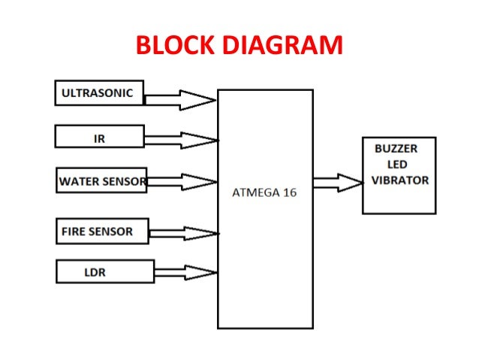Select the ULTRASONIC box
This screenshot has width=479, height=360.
pyautogui.click(x=99, y=93)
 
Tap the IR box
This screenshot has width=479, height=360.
pyautogui.click(x=99, y=138)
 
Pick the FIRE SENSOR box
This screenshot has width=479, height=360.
pyautogui.click(x=102, y=231)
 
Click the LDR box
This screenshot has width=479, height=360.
pyautogui.click(x=104, y=271)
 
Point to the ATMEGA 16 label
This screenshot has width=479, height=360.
pyautogui.click(x=265, y=192)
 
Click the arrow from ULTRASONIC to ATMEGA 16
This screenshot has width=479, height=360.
pyautogui.click(x=180, y=99)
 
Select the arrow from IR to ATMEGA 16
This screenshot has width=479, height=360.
pyautogui.click(x=180, y=140)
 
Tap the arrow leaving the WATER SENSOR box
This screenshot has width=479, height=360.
pyautogui.click(x=182, y=181)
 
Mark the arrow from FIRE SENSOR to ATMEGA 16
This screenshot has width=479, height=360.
pyautogui.click(x=183, y=233)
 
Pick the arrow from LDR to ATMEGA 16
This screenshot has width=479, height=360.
pyautogui.click(x=185, y=271)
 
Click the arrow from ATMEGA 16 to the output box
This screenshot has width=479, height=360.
pyautogui.click(x=338, y=182)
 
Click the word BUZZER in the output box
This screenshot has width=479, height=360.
pyautogui.click(x=396, y=149)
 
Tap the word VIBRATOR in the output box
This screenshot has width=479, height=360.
pyautogui.click(x=400, y=180)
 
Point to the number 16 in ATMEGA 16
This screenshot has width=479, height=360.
pyautogui.click(x=289, y=192)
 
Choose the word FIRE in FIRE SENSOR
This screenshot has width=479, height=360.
pyautogui.click(x=74, y=231)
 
